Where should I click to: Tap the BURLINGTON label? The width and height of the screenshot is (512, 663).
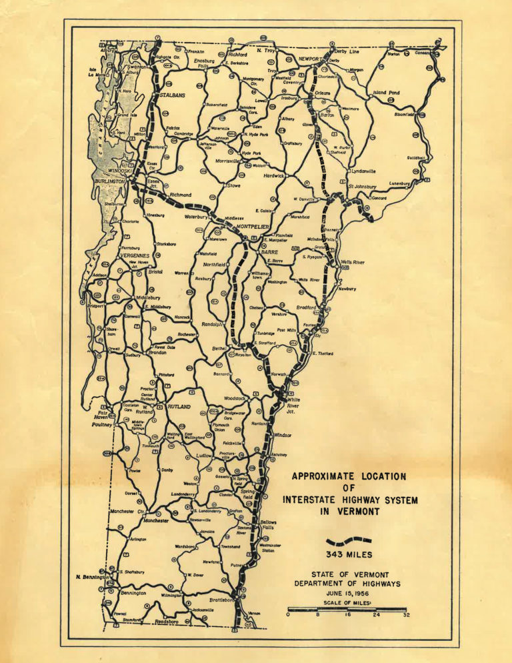click(109, 181)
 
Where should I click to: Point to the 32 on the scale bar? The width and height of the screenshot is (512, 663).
click(406, 616)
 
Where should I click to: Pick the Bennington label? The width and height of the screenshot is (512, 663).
click(133, 592)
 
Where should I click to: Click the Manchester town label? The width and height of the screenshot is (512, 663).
click(155, 520)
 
